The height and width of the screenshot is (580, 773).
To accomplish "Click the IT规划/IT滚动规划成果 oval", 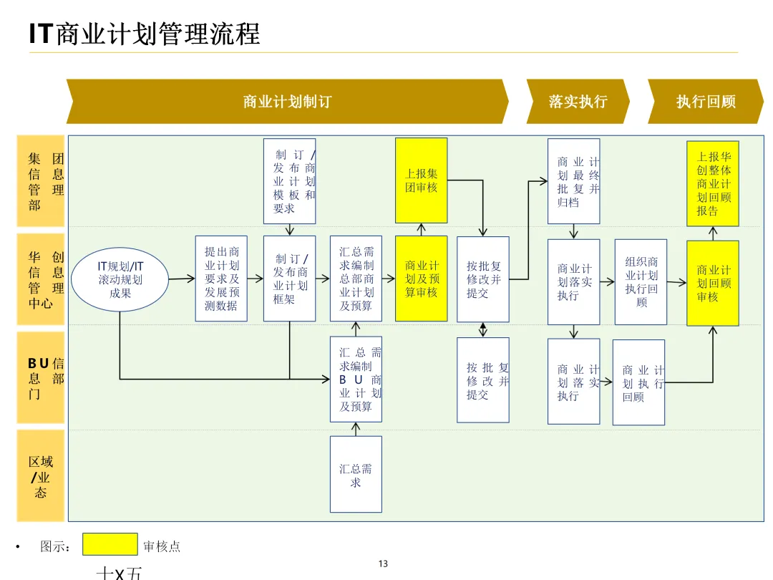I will [x=120, y=279].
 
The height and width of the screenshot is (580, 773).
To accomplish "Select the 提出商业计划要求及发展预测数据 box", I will [x=221, y=279].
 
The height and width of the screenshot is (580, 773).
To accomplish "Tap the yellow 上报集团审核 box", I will [x=421, y=180].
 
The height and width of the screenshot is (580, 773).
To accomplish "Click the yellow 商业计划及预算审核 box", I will [x=421, y=279].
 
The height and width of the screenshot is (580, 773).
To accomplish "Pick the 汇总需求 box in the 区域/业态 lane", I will [x=356, y=474].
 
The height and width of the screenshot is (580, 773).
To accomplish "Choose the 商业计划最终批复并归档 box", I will [x=573, y=181].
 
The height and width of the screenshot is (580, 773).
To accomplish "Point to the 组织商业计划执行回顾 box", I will [x=641, y=282].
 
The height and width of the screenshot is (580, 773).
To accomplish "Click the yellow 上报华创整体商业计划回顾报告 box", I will [x=713, y=183].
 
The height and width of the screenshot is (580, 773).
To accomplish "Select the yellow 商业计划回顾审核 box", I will [x=713, y=283].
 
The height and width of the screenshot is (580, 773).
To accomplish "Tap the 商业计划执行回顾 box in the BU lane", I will [x=638, y=382].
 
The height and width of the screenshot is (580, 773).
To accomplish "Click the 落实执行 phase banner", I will [x=578, y=102].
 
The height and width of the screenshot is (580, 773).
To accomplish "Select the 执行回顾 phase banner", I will [x=706, y=102].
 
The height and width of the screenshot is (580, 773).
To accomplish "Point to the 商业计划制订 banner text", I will [x=287, y=102].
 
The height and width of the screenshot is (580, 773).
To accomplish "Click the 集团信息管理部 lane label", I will [x=42, y=181].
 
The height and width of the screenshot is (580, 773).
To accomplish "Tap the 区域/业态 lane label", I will [x=41, y=476].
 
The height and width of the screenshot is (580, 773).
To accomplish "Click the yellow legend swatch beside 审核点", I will [x=110, y=544].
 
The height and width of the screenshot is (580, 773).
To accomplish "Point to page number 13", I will [x=383, y=564].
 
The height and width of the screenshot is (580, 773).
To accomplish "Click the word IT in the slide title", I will [x=41, y=34].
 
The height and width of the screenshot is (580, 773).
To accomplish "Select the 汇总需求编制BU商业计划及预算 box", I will [x=356, y=380].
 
